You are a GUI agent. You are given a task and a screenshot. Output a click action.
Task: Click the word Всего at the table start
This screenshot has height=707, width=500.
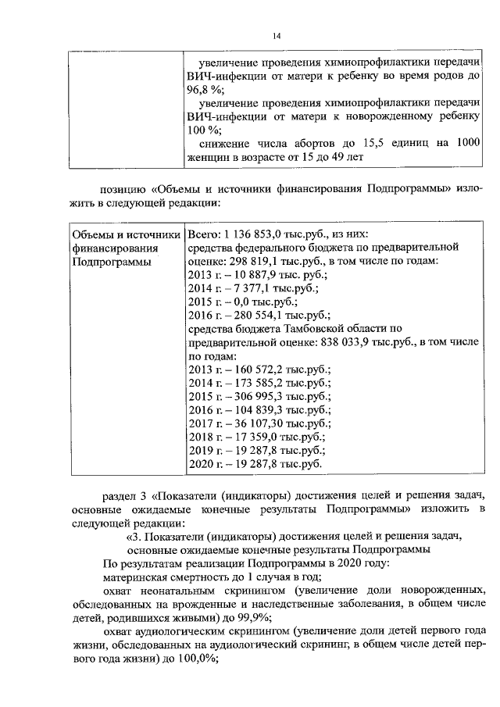pyautogui.click(x=202, y=234)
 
